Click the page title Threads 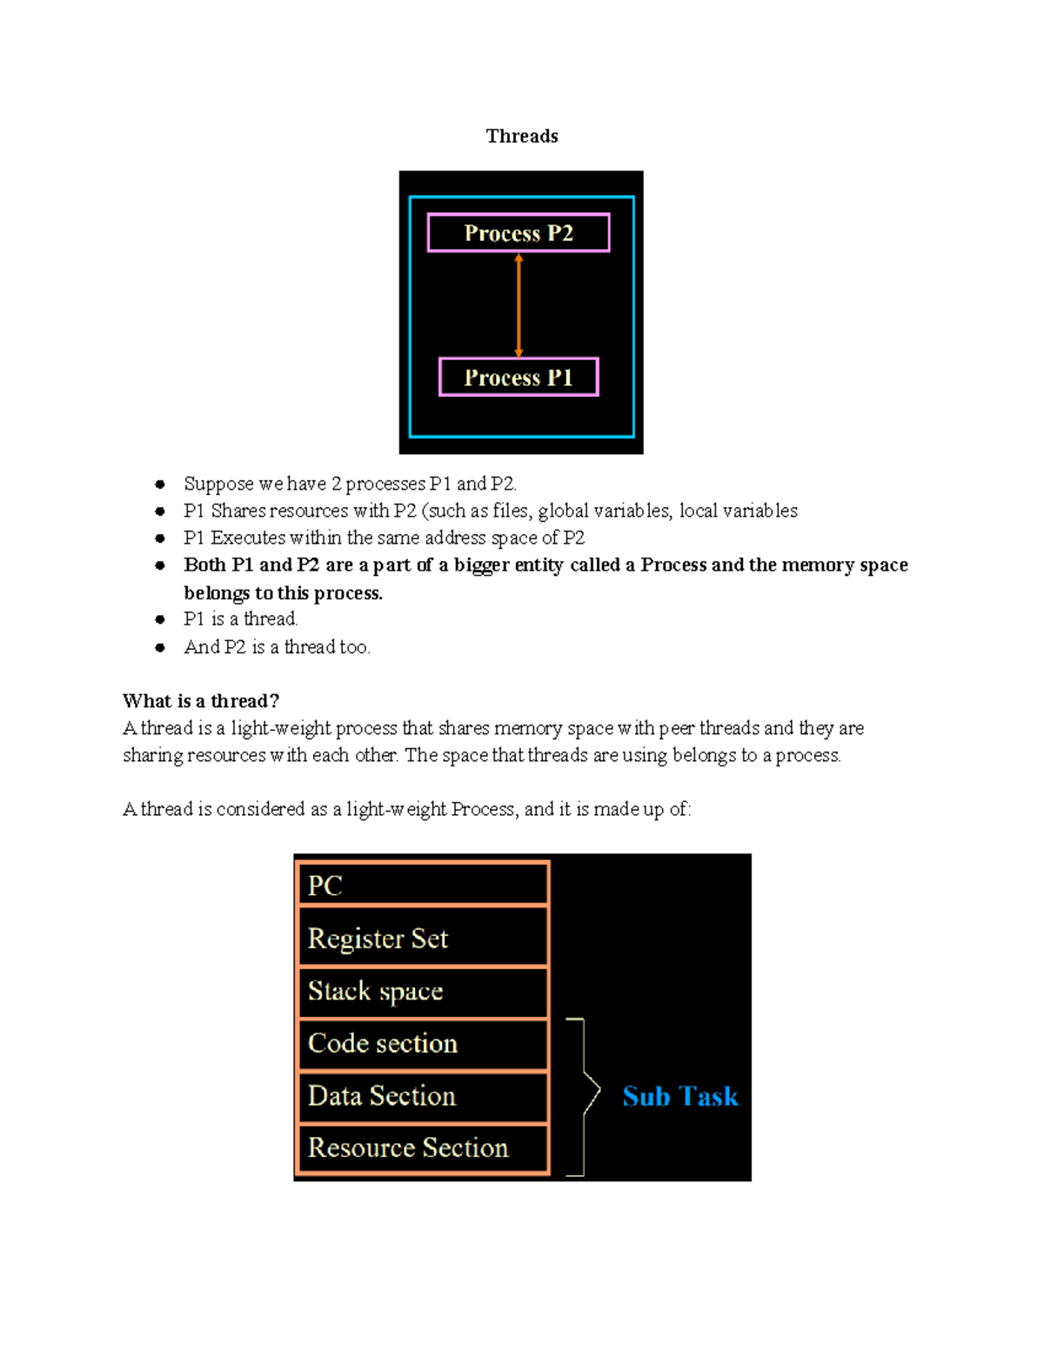coord(522,136)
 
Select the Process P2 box coord(519,233)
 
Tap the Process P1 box coord(519,378)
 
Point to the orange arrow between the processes coord(519,304)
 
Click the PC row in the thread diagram coord(423,886)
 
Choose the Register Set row coord(423,938)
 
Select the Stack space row coord(423,991)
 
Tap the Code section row coord(423,1043)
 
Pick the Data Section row coord(423,1095)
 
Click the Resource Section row coord(423,1148)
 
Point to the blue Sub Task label coord(679,1096)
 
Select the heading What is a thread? coord(201,701)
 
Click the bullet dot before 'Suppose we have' coord(160,485)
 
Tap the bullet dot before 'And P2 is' coord(160,647)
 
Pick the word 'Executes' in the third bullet coord(248,538)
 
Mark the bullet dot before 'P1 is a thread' coord(160,619)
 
